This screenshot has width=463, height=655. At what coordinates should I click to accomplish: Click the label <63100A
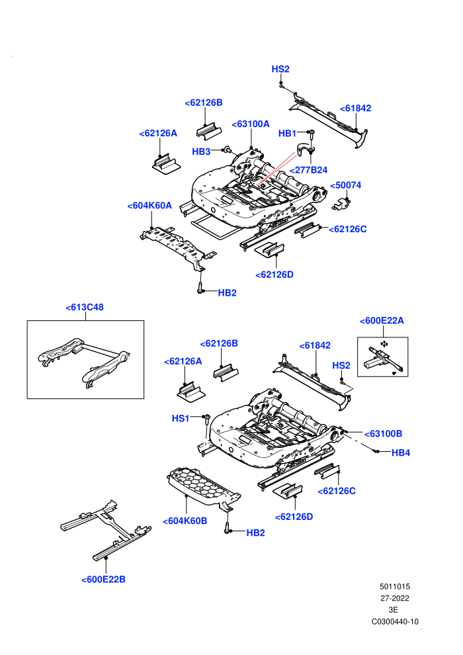click(251, 124)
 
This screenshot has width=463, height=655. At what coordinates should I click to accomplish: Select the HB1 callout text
click(287, 133)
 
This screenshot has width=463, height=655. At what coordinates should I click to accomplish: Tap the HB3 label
click(201, 152)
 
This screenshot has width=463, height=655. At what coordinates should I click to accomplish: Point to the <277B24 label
click(308, 170)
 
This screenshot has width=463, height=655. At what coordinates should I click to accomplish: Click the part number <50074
click(346, 185)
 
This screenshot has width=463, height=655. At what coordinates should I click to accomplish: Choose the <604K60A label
click(149, 206)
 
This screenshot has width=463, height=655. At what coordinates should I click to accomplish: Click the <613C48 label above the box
click(85, 307)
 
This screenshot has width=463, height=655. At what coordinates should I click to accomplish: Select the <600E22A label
click(382, 321)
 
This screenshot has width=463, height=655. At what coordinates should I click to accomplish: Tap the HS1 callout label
click(181, 418)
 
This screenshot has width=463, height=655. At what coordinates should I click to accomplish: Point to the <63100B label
click(383, 433)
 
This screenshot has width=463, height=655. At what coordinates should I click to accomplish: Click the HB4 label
click(401, 453)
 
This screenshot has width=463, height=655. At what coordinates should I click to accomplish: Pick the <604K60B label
click(185, 521)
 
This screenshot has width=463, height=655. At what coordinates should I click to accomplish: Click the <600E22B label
click(104, 580)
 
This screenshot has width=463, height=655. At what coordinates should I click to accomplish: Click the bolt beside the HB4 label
click(376, 452)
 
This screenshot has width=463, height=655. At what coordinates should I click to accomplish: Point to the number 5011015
click(394, 586)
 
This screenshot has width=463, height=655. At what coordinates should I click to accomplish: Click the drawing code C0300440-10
click(395, 621)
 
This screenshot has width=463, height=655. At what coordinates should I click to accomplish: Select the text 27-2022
click(394, 598)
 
